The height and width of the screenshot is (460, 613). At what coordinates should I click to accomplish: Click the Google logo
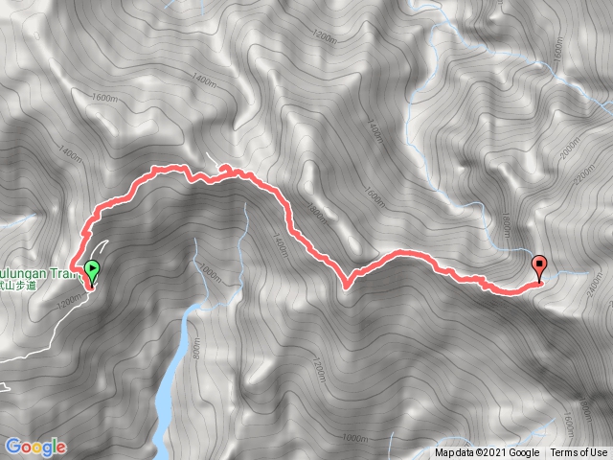pyautogui.click(x=35, y=447)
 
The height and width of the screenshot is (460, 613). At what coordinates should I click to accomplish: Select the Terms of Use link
pyautogui.click(x=579, y=453)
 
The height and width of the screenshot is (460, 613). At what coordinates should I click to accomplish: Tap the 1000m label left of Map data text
pyautogui.click(x=354, y=439)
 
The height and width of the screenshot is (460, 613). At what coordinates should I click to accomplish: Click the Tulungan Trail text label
pyautogui.click(x=38, y=270)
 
